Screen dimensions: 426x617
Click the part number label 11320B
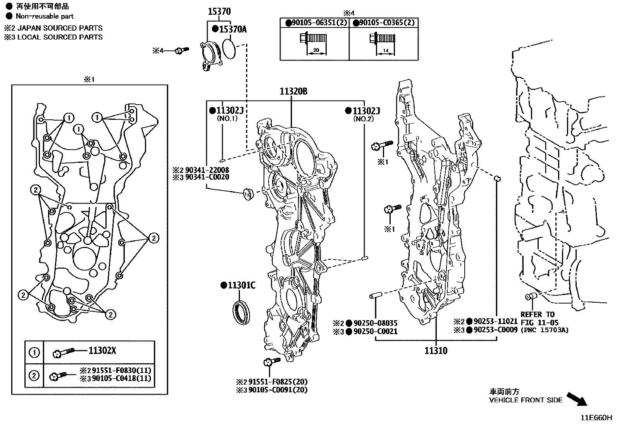pos(293,91)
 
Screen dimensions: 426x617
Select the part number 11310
pos(436,351)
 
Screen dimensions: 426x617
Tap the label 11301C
pos(241,286)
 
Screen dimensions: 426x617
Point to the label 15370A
pos(233,29)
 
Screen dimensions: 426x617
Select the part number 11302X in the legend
pos(102,351)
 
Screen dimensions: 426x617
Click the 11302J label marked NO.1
pos(229,111)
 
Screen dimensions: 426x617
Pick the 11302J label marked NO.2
pos(366,111)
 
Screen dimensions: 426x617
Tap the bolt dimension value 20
pos(316,50)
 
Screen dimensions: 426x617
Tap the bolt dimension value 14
pos(385,50)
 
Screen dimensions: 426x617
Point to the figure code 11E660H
pos(596,418)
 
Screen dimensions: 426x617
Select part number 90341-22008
pos(207,170)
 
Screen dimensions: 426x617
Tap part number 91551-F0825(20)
pos(278,381)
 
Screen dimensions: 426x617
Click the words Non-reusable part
pos(45,16)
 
